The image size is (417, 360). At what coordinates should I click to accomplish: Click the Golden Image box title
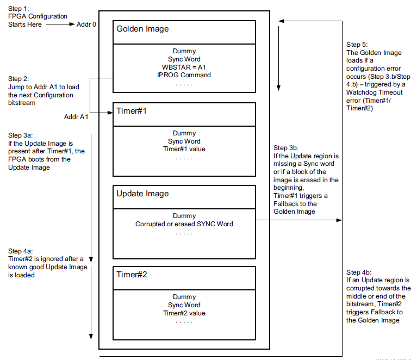(142, 29)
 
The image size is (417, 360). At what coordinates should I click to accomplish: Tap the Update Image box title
(142, 194)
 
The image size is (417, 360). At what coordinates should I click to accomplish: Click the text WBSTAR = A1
(184, 67)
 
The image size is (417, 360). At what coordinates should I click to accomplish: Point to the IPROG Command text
(184, 75)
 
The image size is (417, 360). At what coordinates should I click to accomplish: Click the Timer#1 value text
(184, 149)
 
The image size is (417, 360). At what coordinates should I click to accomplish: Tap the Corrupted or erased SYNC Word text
(184, 224)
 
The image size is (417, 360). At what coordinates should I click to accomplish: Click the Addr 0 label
(87, 24)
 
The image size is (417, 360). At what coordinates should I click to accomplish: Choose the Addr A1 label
(76, 116)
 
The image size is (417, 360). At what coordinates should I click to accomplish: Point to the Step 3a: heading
(21, 135)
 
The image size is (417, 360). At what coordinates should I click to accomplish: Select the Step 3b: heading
(285, 147)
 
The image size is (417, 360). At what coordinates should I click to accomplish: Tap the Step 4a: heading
(21, 251)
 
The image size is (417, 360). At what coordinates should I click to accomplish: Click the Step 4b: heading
(359, 271)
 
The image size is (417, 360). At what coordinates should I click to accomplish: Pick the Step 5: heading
(357, 44)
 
